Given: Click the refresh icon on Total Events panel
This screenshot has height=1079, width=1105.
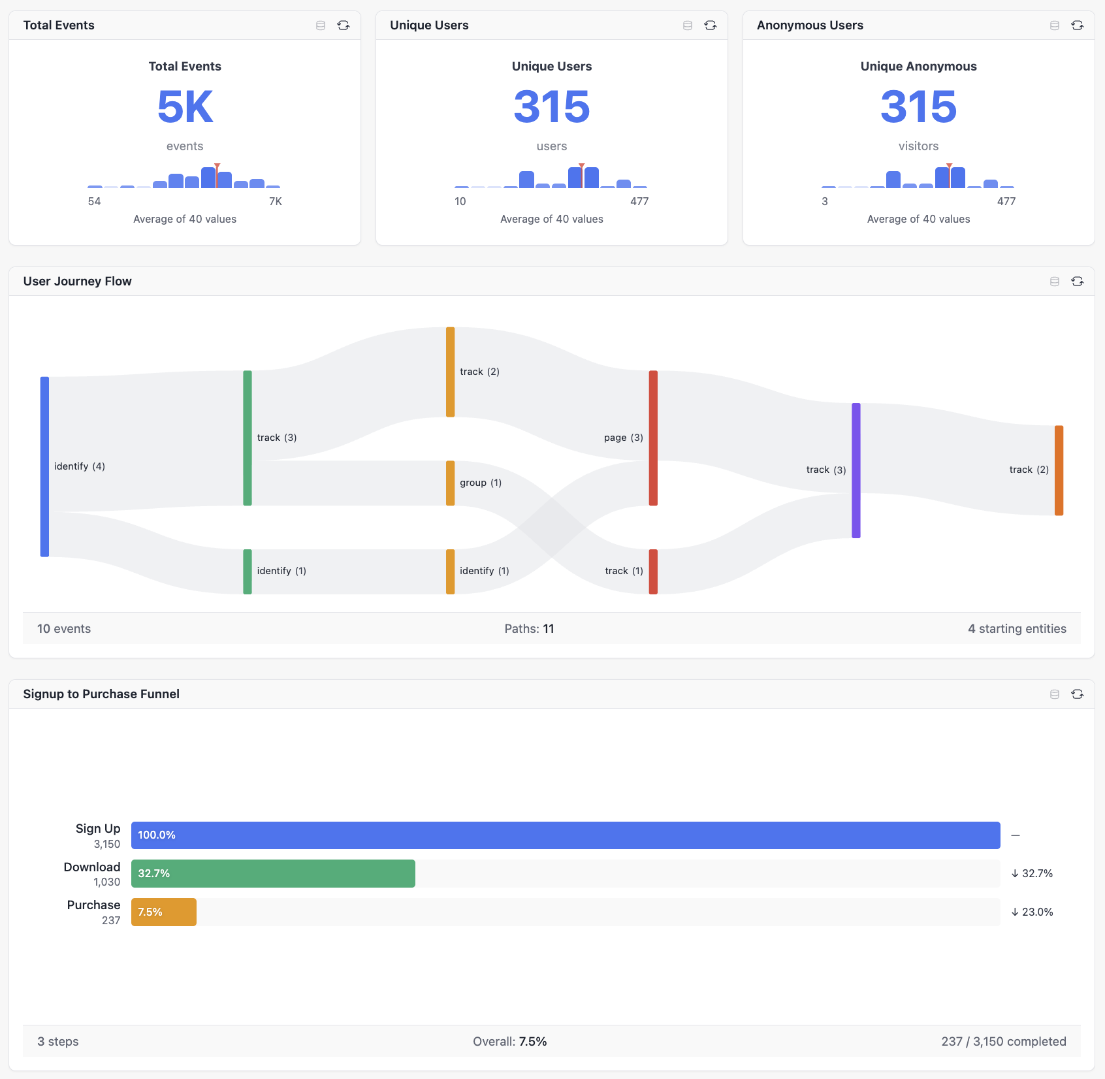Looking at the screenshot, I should coord(343,25).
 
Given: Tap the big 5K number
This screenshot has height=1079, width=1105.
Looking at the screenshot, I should coord(185,106).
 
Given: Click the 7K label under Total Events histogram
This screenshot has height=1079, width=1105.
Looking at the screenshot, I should coord(276,201).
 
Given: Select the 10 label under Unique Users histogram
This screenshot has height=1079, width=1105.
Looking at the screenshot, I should coord(460,201).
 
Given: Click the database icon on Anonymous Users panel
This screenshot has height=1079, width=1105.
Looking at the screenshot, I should coord(1054,25).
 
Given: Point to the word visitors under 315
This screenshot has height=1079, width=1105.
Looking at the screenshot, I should coord(918,146).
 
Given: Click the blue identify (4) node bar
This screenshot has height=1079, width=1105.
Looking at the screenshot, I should coord(44,466).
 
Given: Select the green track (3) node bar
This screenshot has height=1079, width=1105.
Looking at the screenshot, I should coord(248,438).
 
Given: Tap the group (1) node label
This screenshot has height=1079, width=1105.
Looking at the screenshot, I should coord(481,483).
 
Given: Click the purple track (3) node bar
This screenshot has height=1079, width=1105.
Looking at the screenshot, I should coord(856,470).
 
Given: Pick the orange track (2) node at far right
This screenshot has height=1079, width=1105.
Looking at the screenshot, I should coord(1059,470).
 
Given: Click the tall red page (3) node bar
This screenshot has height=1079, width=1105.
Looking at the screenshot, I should coord(653,438).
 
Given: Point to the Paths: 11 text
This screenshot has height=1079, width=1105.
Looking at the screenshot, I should coord(529,628).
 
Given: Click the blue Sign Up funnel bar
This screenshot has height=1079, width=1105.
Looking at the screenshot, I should coord(566,835).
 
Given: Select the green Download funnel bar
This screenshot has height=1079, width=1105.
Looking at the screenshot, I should coord(273,873).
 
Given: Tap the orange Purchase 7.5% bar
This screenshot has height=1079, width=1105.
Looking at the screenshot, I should coord(164,912).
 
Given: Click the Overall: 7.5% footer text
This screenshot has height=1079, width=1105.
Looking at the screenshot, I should coord(509,1041).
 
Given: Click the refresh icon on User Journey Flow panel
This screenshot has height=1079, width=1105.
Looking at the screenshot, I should coord(1077,282).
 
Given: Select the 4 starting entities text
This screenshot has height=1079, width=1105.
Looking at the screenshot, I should coord(1017,628).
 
